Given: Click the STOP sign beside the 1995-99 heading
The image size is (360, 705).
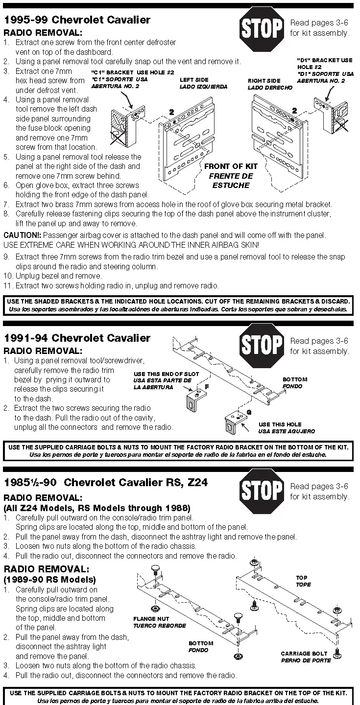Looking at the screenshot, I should pos(262,28).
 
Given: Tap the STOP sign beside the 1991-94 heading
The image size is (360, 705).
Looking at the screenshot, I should pos(262,346).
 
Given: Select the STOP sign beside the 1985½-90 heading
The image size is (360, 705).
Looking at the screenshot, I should pos(262,491).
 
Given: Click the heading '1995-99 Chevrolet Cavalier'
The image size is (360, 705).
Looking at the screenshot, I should pos(77,20).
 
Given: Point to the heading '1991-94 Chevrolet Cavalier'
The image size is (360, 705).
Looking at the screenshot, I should pos(77,338).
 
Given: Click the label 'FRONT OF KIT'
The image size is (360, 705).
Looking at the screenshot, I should pos(231,166).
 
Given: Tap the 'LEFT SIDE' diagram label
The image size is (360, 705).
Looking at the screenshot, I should pos(194,80).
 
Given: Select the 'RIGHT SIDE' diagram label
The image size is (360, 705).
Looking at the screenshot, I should pos(264,81).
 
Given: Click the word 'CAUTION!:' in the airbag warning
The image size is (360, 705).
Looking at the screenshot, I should pos(19,235).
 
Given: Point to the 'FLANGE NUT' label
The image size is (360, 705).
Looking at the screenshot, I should pos(152,619).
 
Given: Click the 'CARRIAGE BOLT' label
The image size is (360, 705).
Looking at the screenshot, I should pos(304,654).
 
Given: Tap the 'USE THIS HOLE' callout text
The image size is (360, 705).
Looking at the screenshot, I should pos(280,424).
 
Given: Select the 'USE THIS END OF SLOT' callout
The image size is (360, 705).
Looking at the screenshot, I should pos(163,374).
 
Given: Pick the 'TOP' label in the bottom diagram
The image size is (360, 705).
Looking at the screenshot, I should pos(302,578).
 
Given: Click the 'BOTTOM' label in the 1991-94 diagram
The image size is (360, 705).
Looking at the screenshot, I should pos(295,379).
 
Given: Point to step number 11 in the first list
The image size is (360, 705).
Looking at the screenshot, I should pos(7,285).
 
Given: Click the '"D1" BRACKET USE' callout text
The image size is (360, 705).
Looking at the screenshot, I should pos(325,60).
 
